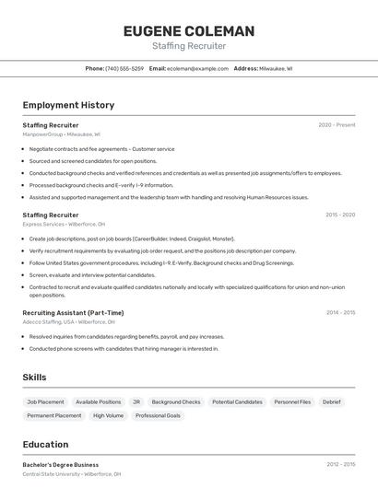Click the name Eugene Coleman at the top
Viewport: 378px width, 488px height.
[x=189, y=31]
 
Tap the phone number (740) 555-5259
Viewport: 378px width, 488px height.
[x=124, y=68]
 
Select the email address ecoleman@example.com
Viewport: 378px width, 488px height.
[x=196, y=68]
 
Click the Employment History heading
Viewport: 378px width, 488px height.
[x=68, y=105]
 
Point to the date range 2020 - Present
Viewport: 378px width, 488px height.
[x=337, y=124]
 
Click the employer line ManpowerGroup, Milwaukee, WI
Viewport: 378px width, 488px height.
[x=61, y=134]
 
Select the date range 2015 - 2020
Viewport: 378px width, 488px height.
[x=340, y=215]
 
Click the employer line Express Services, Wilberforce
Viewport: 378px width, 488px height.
[x=64, y=224]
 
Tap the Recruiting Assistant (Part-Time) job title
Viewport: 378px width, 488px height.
[x=73, y=312]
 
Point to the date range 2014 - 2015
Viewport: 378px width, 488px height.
[x=340, y=312]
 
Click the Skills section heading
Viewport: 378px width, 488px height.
[x=34, y=378]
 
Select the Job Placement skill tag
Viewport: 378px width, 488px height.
[x=45, y=402]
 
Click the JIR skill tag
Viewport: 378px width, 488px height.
[x=136, y=402]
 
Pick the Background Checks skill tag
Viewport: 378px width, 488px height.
[x=175, y=402]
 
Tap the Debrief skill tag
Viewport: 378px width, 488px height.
[x=331, y=402]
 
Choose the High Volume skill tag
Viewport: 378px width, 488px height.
[x=108, y=416]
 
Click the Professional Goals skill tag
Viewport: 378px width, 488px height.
[x=158, y=416]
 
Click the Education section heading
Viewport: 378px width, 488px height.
[x=45, y=444]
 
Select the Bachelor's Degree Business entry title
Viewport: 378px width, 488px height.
[x=61, y=465]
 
